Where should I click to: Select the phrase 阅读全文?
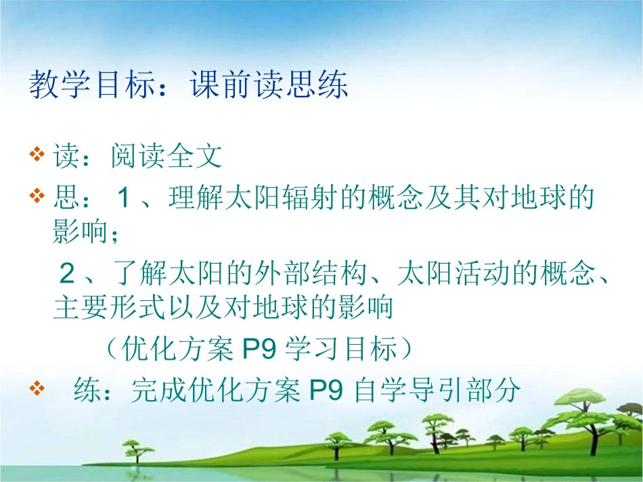[167, 158]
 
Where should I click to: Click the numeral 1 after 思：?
[123, 199]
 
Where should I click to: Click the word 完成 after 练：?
[158, 390]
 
